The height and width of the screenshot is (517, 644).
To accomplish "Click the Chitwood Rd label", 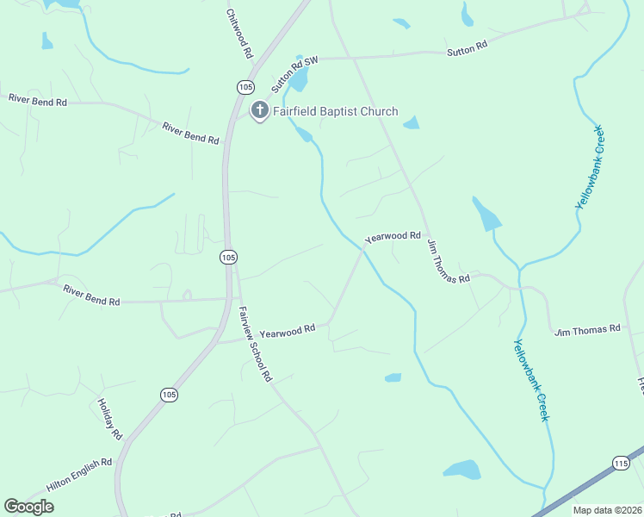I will coord(239,34).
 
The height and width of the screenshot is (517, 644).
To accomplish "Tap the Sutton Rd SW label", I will coord(294,72).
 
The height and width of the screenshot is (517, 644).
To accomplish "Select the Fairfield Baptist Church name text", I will coord(336,111).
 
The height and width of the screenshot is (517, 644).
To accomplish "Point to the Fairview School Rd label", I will coord(255,344).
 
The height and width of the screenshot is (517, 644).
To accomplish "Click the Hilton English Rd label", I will coord(79,475).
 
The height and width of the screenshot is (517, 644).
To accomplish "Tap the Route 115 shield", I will coord(621,463).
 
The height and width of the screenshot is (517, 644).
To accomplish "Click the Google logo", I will coord(28,507).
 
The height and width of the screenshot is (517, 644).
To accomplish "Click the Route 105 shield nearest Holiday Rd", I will coord(170,394).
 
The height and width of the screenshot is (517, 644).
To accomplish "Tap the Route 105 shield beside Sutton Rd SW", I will coord(245,87).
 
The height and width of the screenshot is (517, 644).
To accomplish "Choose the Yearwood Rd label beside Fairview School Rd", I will coord(288,330).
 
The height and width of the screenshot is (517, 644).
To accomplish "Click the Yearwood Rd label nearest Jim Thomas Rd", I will coord(393,236).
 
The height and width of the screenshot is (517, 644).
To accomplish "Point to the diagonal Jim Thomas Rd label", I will coord(448,261).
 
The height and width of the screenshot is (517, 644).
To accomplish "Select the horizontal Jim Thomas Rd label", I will coord(587,330).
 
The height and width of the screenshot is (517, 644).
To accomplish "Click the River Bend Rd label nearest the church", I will coord(190,133).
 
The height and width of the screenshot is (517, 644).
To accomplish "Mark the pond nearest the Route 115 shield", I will coord(461,470).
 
